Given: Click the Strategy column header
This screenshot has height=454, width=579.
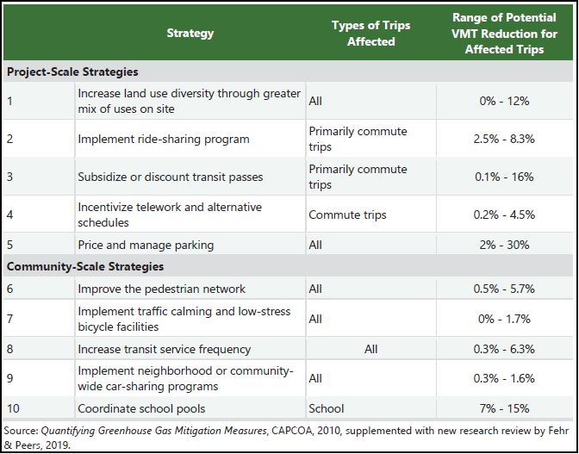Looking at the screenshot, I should pos(190,33).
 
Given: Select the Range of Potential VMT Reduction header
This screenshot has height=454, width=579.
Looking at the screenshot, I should pos(504,33).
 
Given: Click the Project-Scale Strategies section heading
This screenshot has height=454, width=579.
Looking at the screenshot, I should pos(72,72).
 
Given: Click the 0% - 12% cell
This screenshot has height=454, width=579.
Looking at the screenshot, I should pos(504,101).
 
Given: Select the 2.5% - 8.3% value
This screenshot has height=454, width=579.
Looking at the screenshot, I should pos(504,139).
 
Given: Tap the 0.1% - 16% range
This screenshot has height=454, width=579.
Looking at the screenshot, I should pos(504,177).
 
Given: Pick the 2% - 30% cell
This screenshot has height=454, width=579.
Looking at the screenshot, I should pos(504,245).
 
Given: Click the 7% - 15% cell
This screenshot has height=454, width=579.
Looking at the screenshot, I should pos(504,408).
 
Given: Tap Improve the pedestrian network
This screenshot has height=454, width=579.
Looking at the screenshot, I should pos(162,289).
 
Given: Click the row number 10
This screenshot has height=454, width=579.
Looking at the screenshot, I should pos(14,408).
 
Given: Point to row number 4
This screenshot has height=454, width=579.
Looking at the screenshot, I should pos(10,215).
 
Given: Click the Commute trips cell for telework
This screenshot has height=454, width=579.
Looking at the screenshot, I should pos(347,215).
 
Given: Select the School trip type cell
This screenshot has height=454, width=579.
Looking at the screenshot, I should pos(326,408).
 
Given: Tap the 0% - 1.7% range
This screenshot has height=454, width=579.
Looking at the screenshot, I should pos(504,319).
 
